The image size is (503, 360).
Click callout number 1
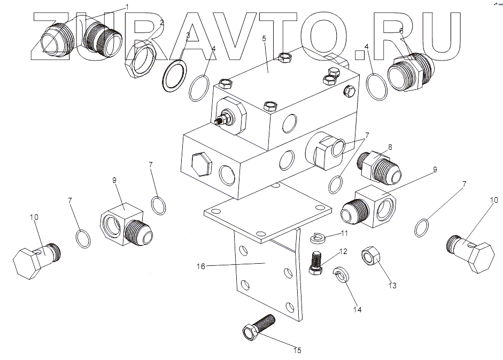(127, 6)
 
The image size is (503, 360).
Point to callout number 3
(188, 35)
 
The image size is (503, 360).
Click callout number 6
(401, 31)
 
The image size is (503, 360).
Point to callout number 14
(357, 310)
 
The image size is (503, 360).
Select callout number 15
(298, 350)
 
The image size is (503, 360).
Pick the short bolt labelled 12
(316, 262)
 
